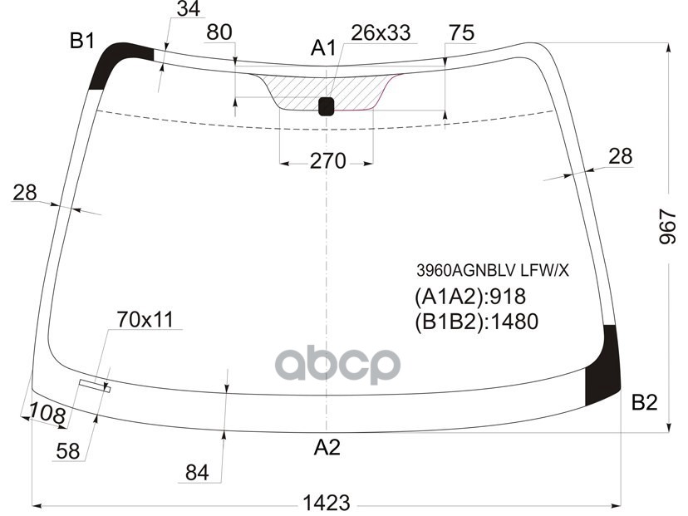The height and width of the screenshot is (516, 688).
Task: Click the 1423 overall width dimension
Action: tap(326, 503)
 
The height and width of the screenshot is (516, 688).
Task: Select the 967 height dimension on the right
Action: tap(669, 226)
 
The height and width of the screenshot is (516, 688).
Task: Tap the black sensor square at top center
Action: tap(326, 106)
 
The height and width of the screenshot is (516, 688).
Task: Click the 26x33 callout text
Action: tap(381, 33)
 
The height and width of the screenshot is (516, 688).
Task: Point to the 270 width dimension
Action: tap(327, 161)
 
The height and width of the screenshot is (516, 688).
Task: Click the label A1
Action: tap(323, 49)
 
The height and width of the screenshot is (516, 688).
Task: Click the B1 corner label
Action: tap(81, 40)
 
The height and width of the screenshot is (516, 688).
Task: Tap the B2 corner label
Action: tap(644, 403)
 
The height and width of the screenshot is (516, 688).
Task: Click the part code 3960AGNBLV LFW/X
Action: tap(493, 270)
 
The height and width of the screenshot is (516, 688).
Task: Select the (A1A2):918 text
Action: tap(469, 297)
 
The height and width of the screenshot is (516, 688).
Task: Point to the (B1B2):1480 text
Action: tap(476, 322)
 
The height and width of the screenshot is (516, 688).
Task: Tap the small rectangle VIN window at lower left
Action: tap(94, 384)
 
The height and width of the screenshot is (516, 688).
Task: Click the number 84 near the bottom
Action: tap(196, 473)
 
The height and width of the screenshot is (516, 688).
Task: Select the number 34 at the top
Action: tap(189, 10)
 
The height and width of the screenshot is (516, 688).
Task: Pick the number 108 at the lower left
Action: tap(47, 412)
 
